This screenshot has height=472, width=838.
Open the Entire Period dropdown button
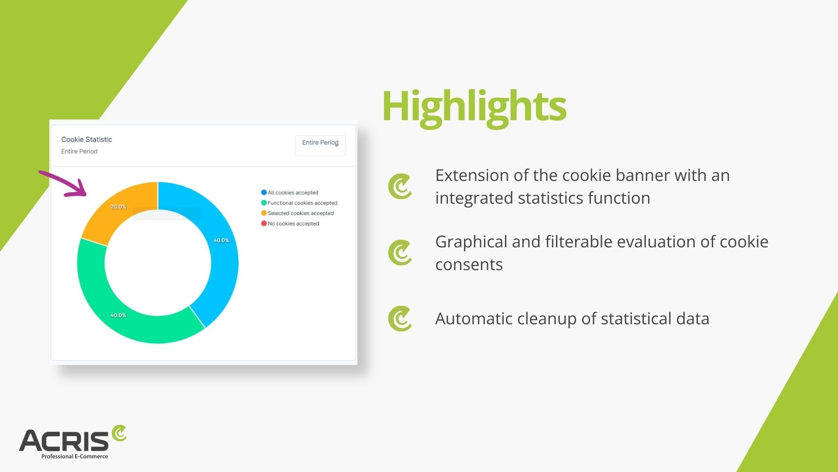coord(320,146)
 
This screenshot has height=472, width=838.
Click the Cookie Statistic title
coord(86,139)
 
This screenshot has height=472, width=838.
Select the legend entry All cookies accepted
coord(290,192)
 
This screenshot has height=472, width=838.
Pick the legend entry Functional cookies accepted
coord(299,203)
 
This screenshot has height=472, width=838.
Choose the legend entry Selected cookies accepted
coord(298,213)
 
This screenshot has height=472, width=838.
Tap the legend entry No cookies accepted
coord(290,223)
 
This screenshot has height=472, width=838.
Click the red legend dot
coord(264,223)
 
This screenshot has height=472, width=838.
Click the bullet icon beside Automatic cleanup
coord(400,319)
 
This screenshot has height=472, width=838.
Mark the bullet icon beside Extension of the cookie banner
coord(400,187)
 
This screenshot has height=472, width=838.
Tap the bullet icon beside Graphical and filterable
coord(400,253)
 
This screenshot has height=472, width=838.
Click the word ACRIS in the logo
coord(64,441)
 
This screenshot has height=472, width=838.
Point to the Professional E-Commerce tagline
coord(75,456)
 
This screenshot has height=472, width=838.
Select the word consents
coord(469,265)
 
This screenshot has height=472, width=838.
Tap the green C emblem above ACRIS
coord(119,433)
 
